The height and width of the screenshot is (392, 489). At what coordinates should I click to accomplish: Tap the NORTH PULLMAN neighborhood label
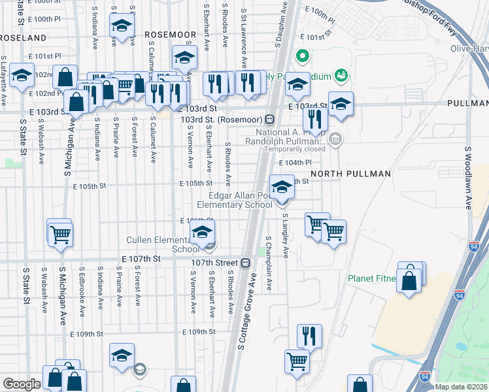pyautogui.click(x=350, y=174)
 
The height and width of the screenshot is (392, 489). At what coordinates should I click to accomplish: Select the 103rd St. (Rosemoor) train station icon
pyautogui.click(x=269, y=120)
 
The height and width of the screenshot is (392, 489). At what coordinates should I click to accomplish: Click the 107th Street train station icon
pyautogui.click(x=245, y=263)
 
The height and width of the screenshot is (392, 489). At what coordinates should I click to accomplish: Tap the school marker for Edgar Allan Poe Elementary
pyautogui.click(x=282, y=188)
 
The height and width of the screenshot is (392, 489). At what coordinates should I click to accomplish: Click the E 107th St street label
pyautogui.click(x=141, y=259)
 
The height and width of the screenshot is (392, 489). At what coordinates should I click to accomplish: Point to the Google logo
pyautogui.click(x=22, y=384)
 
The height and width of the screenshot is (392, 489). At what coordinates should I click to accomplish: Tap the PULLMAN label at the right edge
pyautogui.click(x=470, y=104)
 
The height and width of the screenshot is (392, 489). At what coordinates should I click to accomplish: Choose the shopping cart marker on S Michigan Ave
pyautogui.click(x=60, y=233)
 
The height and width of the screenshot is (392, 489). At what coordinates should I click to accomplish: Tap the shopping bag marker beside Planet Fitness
pyautogui.click(x=409, y=280)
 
